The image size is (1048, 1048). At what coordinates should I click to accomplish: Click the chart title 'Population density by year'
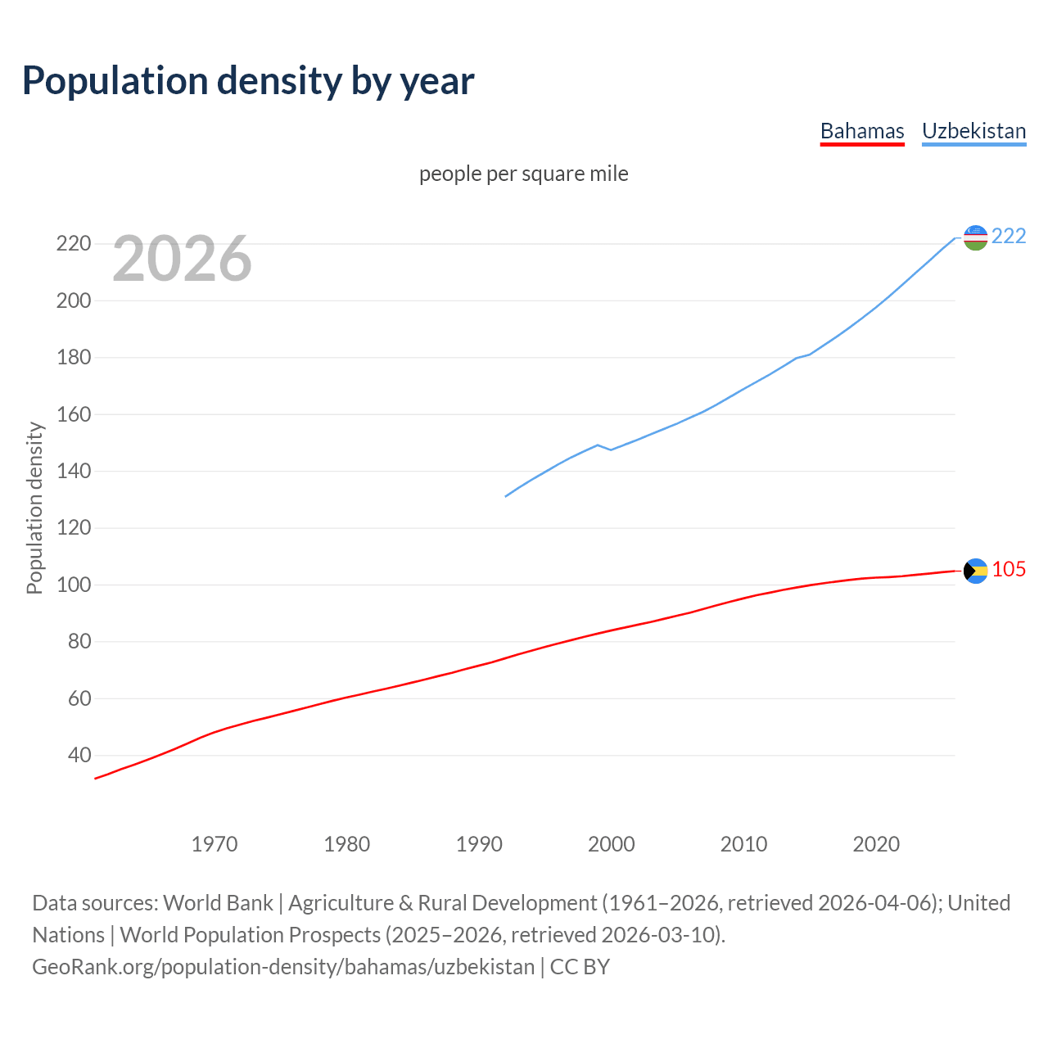248,80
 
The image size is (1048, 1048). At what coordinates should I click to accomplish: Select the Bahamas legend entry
862,131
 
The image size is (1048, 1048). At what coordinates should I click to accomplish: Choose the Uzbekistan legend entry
973,131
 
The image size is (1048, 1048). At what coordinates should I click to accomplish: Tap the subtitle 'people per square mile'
523,174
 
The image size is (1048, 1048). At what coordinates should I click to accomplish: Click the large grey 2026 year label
182,259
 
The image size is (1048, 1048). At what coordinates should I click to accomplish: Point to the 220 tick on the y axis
73,244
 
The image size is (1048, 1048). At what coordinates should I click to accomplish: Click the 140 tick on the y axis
73,471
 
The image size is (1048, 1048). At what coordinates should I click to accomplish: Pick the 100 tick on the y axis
73,585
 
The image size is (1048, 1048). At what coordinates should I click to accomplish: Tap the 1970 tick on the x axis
215,844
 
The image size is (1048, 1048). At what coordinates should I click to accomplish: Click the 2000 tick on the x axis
611,844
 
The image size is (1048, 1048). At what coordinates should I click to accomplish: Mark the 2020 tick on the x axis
876,844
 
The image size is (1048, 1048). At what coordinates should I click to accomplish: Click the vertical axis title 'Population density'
34,508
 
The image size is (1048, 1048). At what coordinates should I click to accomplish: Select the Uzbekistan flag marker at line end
975,237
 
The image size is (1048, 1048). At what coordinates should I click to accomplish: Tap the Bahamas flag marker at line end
975,571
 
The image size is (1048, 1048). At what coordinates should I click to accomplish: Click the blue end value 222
1009,236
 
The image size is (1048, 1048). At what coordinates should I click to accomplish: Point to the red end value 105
1009,569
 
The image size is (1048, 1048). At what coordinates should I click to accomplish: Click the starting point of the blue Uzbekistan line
506,496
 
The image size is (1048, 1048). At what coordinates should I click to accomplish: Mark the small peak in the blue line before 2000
598,445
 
